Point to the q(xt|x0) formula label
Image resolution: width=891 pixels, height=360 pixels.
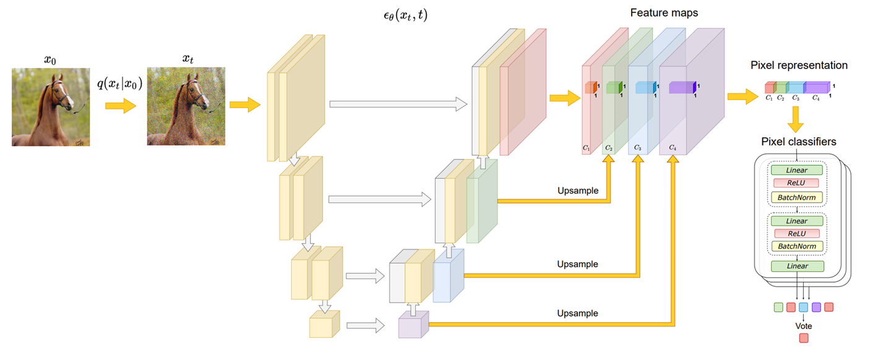[120, 84]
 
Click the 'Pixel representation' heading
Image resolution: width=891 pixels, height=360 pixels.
[799, 65]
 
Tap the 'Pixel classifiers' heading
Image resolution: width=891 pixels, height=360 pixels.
[798, 142]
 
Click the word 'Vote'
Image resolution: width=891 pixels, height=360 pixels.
[804, 325]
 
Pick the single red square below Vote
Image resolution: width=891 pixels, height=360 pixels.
[804, 338]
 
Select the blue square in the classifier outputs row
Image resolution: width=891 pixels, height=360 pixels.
[804, 307]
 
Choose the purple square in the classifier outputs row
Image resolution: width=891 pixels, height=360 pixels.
[816, 307]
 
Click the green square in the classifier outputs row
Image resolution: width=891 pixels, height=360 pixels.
[778, 307]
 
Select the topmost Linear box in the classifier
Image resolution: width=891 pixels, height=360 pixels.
[797, 169]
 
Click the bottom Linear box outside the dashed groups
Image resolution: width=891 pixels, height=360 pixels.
[797, 267]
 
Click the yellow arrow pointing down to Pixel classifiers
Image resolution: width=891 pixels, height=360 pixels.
[796, 118]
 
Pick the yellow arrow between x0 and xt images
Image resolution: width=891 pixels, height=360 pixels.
[120, 106]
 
